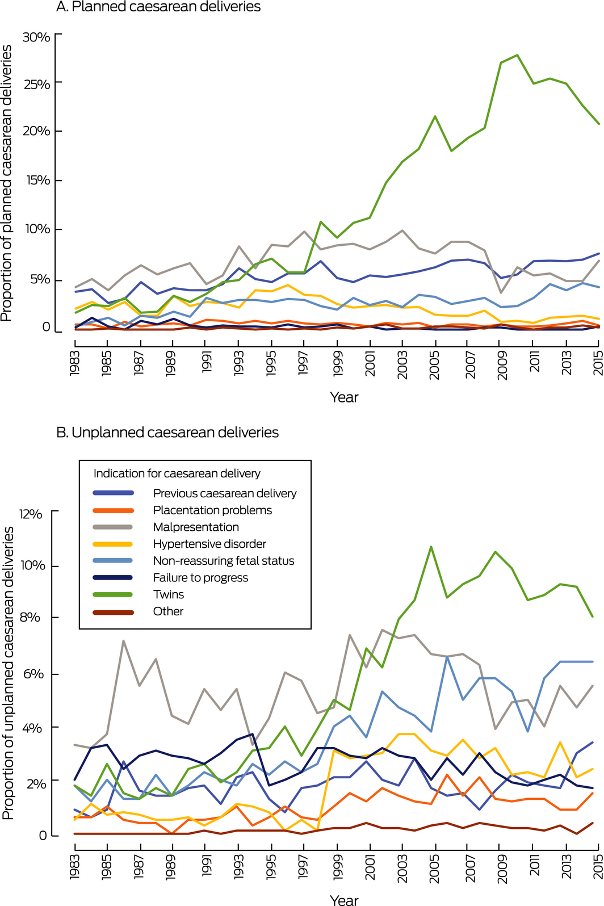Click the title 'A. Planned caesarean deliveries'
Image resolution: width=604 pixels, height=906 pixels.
click(158, 7)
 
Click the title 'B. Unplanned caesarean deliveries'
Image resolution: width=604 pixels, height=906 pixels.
click(167, 433)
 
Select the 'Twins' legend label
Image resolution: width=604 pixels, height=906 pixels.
click(169, 594)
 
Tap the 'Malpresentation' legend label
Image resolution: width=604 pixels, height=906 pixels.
click(196, 527)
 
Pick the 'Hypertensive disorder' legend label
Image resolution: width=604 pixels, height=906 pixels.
click(209, 544)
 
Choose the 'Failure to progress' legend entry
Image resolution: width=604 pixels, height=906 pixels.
click(200, 577)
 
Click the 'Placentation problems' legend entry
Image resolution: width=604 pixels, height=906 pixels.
click(212, 510)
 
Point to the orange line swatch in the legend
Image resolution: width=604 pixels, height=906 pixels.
click(113, 510)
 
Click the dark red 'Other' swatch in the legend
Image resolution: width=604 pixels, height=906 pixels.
click(113, 611)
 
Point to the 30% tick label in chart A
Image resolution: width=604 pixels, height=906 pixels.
click(36, 37)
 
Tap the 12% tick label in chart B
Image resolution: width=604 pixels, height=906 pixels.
click(31, 514)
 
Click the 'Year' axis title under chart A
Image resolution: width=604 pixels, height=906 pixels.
click(344, 397)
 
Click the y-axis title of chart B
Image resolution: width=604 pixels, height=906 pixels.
click(8, 673)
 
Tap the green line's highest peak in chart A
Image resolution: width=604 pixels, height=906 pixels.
click(517, 55)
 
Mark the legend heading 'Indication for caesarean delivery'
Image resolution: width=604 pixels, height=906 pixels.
click(177, 473)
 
